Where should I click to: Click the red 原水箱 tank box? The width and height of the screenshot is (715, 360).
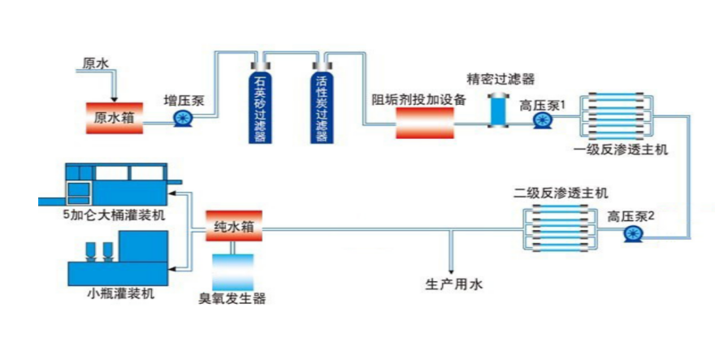[x=115, y=118]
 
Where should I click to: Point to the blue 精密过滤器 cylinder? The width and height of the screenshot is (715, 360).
[x=496, y=111]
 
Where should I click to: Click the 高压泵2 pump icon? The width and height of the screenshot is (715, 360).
[x=632, y=234]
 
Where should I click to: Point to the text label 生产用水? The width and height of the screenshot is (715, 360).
[x=454, y=284]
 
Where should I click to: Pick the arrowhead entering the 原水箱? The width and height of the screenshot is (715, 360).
[x=115, y=97]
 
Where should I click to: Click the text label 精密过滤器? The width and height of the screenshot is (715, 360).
[x=500, y=79]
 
